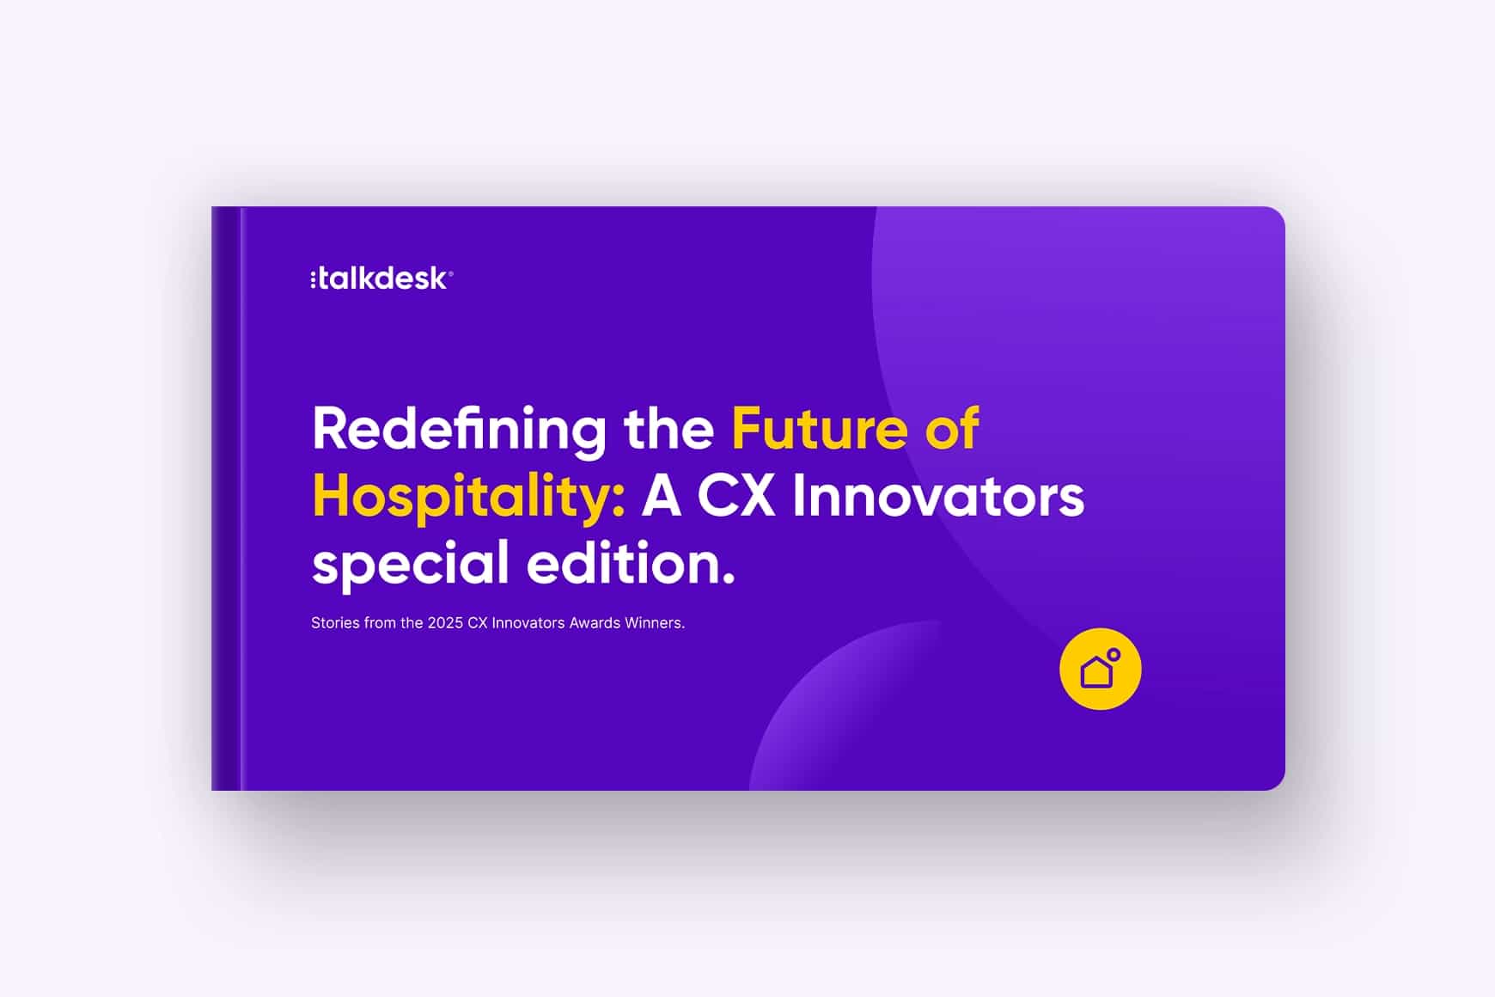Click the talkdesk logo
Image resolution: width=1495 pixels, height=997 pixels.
pyautogui.click(x=381, y=278)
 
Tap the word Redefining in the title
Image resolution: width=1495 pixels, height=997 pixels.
pyautogui.click(x=459, y=430)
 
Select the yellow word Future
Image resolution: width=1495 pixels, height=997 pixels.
pyautogui.click(x=819, y=429)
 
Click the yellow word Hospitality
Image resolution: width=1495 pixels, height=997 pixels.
pyautogui.click(x=462, y=497)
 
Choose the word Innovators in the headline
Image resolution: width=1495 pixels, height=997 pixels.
pyautogui.click(x=937, y=497)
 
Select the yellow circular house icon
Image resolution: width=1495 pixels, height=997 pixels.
pyautogui.click(x=1100, y=670)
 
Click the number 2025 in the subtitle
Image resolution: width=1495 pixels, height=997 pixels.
pyautogui.click(x=445, y=623)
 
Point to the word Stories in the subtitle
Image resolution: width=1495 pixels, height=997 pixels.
pyautogui.click(x=335, y=623)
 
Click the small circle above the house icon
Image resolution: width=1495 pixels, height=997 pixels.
pyautogui.click(x=1114, y=655)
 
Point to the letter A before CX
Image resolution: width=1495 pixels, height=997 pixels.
pyautogui.click(x=662, y=497)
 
